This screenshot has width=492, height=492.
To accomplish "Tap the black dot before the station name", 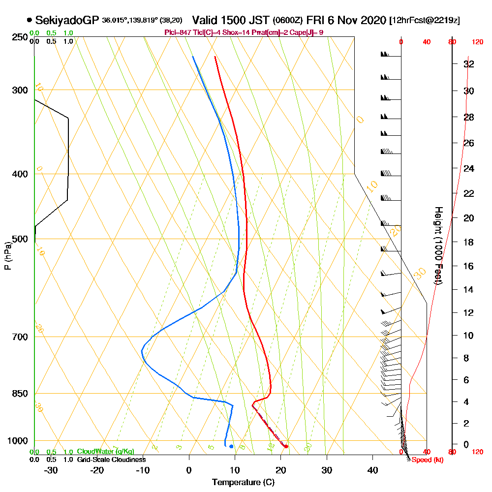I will point(30,20).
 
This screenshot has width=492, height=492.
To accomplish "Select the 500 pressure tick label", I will point(19,239).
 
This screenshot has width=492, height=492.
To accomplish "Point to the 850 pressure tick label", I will point(19,394).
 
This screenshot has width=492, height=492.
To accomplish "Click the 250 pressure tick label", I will point(19,37).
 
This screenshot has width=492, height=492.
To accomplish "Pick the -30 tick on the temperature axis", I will point(51,470).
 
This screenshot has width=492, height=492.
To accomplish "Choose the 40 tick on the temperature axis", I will point(373,470).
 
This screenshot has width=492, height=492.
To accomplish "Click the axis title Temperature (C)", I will point(243,482).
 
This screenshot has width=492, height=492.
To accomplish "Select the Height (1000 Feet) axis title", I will point(437,246).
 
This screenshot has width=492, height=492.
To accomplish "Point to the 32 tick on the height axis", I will point(469,64).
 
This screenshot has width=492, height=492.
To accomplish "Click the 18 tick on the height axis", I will point(469,242).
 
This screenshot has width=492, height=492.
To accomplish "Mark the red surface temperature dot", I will point(286,446).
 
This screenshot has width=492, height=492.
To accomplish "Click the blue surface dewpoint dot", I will point(231,446).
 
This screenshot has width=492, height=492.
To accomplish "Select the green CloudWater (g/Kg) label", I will point(105,452).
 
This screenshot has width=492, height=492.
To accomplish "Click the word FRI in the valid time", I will point(315,20).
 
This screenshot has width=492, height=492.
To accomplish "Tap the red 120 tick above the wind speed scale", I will point(477,42).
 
